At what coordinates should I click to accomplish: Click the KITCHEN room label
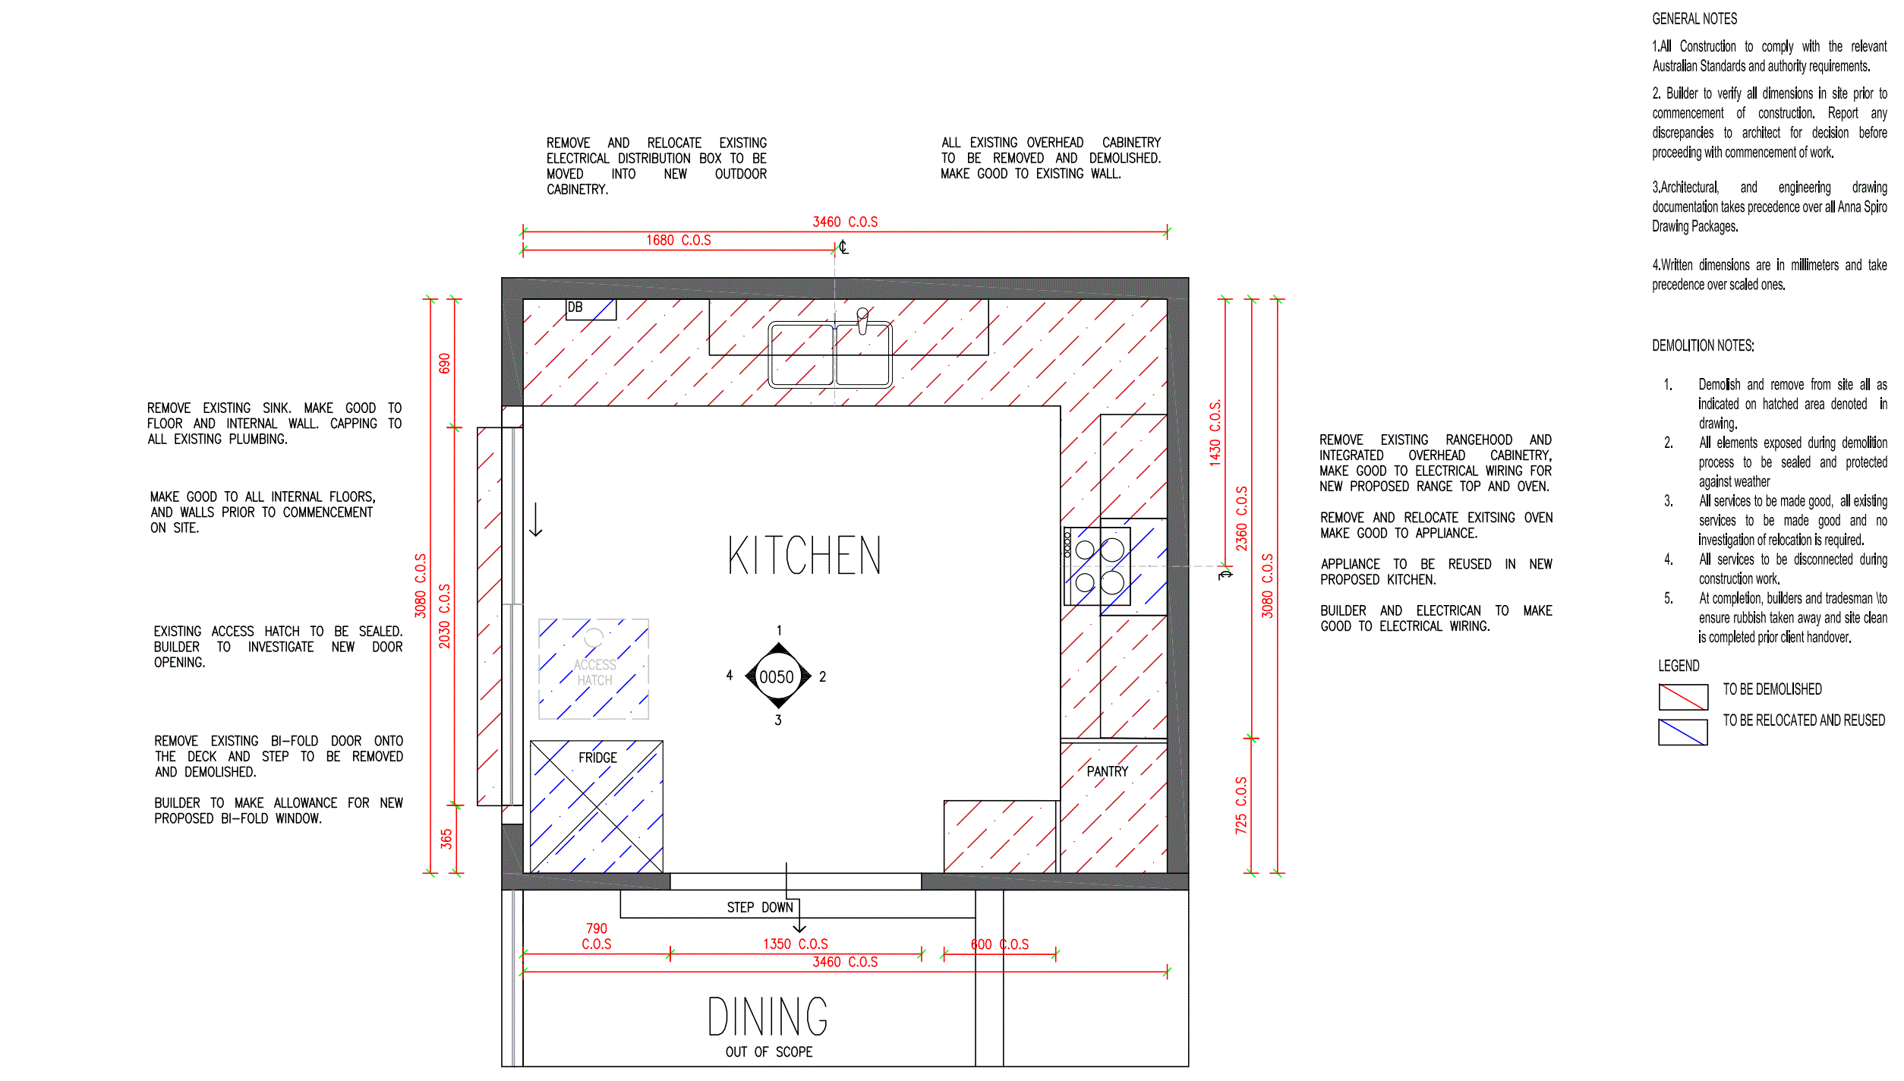805,555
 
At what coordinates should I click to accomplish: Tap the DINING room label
768,1017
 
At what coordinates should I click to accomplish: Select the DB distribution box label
575,307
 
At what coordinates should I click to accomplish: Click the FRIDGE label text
597,758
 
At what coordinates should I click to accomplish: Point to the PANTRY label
1107,771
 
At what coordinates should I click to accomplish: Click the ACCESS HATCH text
594,673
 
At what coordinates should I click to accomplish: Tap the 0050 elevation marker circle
777,676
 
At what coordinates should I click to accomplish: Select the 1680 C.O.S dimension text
679,240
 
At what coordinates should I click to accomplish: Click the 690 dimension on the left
445,363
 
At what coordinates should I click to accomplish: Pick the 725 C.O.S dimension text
1241,805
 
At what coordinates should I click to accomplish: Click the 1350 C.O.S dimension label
796,944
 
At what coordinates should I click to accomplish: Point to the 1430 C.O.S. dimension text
1215,432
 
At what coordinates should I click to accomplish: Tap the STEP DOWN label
760,907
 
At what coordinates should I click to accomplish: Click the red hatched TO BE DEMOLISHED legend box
1683,696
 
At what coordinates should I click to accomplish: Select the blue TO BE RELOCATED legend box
1683,732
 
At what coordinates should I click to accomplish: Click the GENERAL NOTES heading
1694,19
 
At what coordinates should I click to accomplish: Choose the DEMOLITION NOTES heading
1703,345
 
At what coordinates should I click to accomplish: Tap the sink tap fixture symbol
862,320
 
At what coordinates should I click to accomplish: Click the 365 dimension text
446,839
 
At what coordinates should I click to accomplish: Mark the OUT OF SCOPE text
768,1051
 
